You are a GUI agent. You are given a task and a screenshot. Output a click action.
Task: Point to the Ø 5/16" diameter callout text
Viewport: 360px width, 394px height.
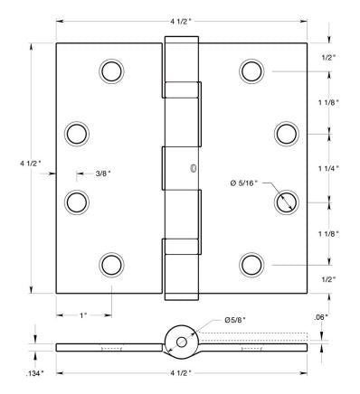[245, 183]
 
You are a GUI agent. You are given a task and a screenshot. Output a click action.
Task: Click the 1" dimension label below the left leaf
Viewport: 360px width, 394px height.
[82, 314]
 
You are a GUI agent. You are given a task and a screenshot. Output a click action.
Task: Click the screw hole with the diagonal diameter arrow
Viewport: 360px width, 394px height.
[287, 200]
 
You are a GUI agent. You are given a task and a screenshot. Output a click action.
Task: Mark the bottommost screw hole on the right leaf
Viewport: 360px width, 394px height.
[251, 264]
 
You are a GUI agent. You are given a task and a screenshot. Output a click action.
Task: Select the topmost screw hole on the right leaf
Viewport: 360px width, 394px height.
[251, 70]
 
